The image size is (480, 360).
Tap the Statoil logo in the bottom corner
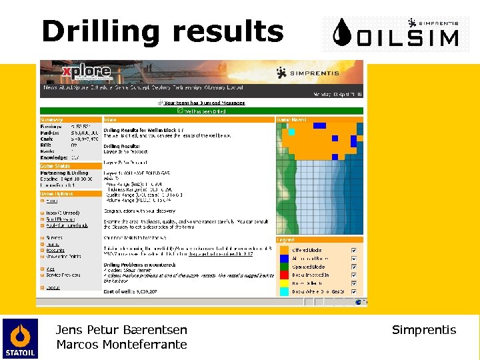(19, 339)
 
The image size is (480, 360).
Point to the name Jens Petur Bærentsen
(121, 329)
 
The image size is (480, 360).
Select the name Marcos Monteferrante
(121, 345)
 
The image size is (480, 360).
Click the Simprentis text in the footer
(424, 330)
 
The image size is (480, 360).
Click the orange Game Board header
(319, 120)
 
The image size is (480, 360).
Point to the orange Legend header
(319, 239)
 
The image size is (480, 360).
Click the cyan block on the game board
(291, 132)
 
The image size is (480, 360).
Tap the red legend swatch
(284, 267)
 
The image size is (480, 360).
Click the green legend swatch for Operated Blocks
(284, 275)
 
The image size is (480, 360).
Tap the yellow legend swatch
(284, 283)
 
